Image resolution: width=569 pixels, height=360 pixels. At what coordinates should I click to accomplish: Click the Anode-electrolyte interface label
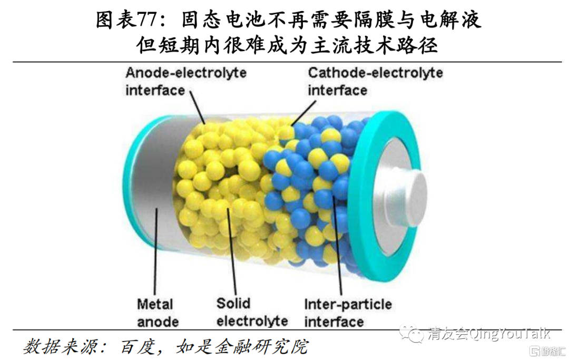(185, 81)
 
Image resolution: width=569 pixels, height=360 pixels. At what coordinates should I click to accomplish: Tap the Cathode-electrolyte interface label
(375, 81)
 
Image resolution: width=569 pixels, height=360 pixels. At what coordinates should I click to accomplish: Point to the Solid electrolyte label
(252, 312)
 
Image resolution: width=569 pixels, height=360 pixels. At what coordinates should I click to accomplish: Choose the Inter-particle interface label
(348, 312)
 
